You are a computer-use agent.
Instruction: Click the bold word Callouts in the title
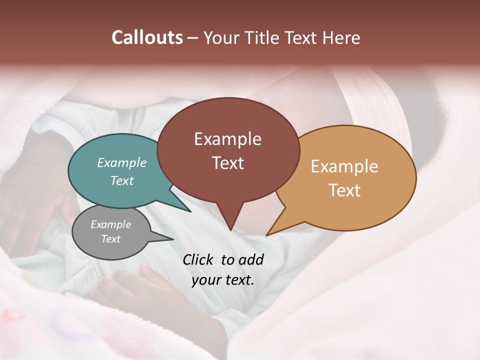(x=147, y=37)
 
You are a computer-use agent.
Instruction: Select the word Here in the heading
(x=340, y=37)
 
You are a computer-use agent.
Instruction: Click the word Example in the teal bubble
(x=122, y=162)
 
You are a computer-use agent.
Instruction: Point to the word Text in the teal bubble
(x=122, y=180)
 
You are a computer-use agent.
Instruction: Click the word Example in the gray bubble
(x=111, y=224)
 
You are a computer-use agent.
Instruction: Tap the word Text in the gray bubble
(x=111, y=239)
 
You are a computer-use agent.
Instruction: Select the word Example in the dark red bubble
(x=228, y=139)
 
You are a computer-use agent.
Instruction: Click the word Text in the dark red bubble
(x=228, y=163)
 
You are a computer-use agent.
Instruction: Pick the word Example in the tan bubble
(x=344, y=166)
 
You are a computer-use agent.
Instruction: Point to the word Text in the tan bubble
(x=344, y=190)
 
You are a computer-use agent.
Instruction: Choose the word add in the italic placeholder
(x=251, y=259)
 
